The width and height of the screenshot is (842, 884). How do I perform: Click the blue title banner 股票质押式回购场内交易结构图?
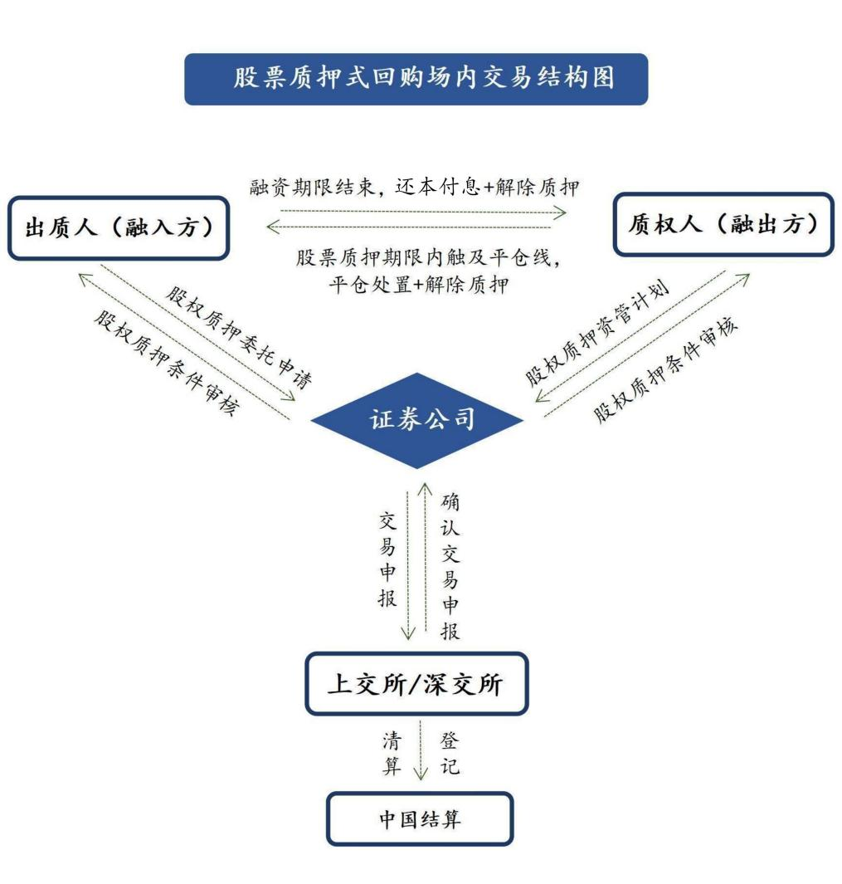(x=416, y=79)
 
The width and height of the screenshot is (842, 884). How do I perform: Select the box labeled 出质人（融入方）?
(x=119, y=227)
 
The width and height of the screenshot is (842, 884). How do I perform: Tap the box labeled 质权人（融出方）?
(x=723, y=224)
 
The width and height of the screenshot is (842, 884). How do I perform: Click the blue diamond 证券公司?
(x=417, y=420)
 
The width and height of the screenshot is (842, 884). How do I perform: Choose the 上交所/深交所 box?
(x=416, y=684)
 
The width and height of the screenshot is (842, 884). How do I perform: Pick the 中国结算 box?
(x=419, y=818)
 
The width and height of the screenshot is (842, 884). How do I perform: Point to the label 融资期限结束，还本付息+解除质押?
(x=415, y=187)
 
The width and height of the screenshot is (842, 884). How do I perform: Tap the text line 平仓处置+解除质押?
(x=419, y=285)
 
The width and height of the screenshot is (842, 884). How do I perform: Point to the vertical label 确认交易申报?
(x=450, y=566)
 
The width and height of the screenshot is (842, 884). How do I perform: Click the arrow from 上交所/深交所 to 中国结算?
(x=421, y=751)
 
